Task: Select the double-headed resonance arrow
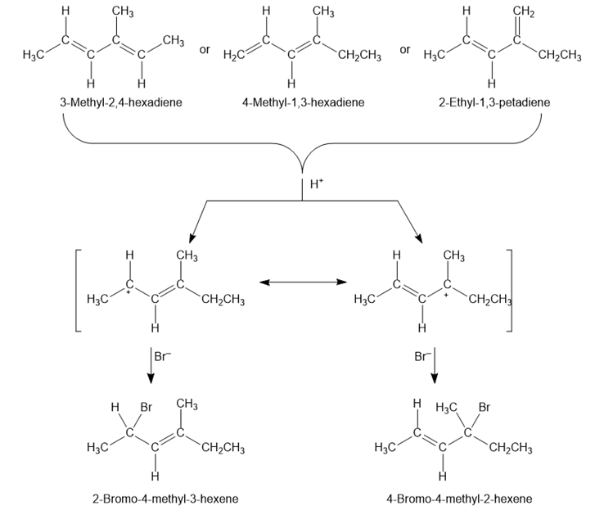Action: (300, 282)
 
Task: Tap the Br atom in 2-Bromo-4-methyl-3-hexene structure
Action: (147, 405)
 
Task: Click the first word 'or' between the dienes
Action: (205, 49)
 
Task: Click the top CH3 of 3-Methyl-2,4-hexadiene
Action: (123, 11)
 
